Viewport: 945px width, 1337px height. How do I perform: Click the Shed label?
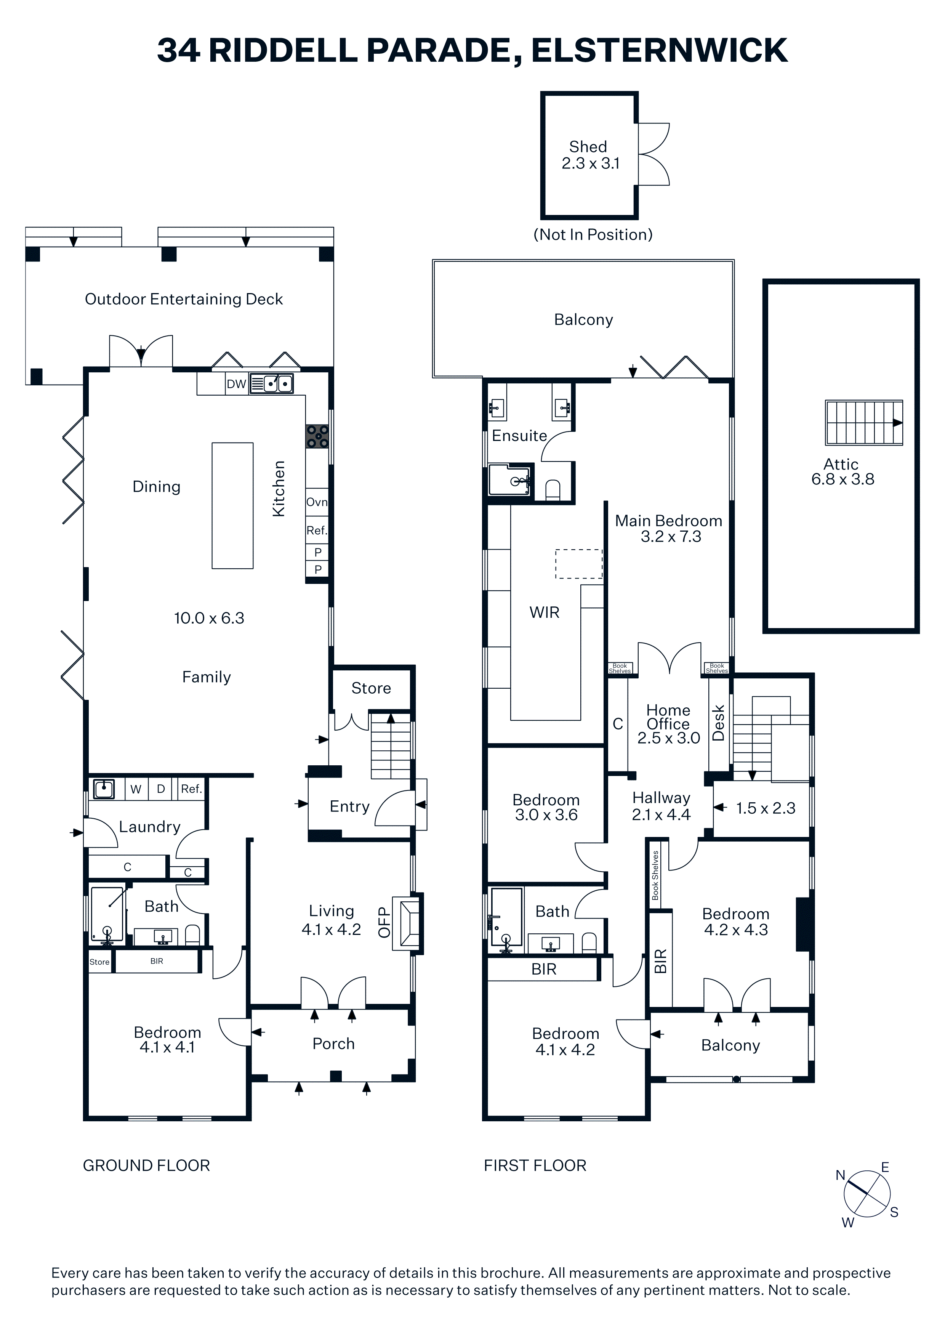coord(588,147)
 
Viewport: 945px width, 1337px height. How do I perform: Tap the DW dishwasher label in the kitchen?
coord(236,384)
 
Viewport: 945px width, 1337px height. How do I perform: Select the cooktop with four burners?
coord(317,436)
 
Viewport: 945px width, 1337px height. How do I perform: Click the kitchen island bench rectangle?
coord(232,505)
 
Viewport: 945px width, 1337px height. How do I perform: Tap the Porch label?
coord(334,1044)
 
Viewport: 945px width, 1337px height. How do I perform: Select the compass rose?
coord(867,1194)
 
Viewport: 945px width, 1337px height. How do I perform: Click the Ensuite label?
coord(519,436)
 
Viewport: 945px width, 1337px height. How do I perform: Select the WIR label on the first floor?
coord(545,612)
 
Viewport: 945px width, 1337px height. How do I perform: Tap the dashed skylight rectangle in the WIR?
coord(579,564)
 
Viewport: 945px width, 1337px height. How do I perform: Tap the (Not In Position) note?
coord(593,235)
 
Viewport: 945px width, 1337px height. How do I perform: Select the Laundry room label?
coord(150,827)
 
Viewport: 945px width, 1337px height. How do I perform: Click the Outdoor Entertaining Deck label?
coord(184,299)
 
